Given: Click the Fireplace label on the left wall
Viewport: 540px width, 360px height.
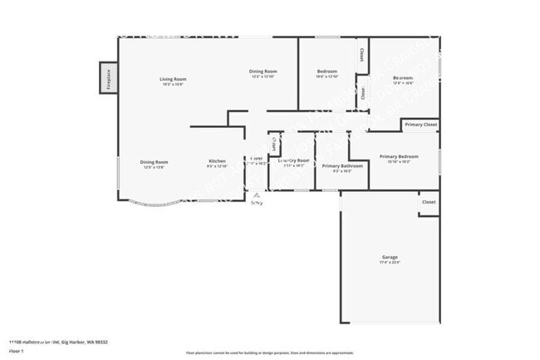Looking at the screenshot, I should click(108, 79).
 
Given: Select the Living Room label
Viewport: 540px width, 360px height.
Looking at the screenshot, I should click(173, 79).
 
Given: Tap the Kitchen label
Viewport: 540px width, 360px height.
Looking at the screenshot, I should click(217, 160).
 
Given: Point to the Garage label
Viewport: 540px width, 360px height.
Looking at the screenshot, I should click(390, 258).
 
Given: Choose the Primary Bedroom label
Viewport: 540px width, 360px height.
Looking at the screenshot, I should click(399, 156).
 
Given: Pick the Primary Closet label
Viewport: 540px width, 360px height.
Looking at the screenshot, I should click(420, 125).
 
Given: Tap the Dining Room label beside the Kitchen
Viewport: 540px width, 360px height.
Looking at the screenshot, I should click(155, 162).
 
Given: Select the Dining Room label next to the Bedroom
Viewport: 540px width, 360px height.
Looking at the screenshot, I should click(263, 72).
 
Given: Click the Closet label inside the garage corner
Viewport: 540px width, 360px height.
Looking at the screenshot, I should click(429, 202).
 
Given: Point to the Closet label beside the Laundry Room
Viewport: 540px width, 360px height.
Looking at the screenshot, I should click(273, 143).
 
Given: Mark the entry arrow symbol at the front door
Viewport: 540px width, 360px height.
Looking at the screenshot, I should click(257, 195).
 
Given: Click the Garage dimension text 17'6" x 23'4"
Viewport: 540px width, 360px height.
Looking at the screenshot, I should click(390, 264).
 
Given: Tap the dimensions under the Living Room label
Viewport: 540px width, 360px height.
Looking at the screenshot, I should click(173, 85).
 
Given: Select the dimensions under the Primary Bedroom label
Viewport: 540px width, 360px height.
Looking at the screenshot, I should click(399, 162).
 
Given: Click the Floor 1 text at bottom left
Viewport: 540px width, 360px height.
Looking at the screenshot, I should click(17, 351).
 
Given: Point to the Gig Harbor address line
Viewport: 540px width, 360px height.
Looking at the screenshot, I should click(58, 342).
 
